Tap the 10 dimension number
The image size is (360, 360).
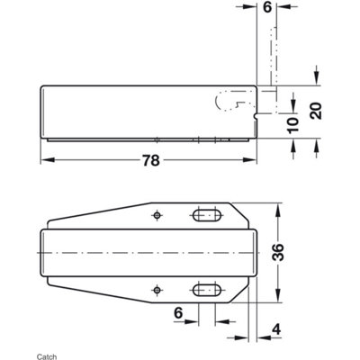point(292,124)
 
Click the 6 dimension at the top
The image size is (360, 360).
point(267,7)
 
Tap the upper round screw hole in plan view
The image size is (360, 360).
point(157,216)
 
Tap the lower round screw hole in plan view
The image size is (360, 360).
point(157,289)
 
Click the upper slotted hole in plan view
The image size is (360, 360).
point(206,216)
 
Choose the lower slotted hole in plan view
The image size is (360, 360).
point(206,289)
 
